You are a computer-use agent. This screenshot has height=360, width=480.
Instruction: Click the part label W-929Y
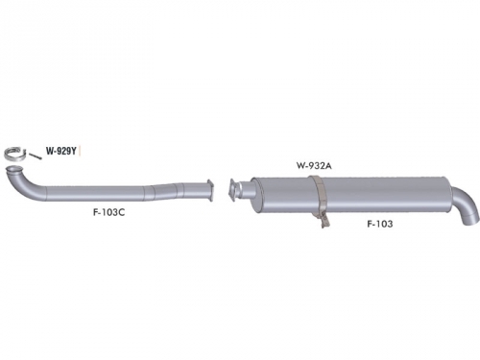click(61, 151)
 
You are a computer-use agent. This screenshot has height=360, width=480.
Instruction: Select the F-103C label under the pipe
click(108, 212)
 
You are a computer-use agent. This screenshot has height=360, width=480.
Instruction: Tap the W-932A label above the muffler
click(314, 165)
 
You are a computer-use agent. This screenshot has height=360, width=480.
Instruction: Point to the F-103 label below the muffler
click(380, 224)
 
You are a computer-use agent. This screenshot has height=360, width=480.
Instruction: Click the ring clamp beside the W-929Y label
click(14, 154)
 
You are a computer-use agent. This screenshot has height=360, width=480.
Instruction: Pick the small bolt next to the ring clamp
click(36, 156)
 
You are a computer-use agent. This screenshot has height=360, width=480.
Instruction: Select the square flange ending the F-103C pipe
click(210, 190)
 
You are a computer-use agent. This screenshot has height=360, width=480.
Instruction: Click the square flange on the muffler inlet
click(232, 190)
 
